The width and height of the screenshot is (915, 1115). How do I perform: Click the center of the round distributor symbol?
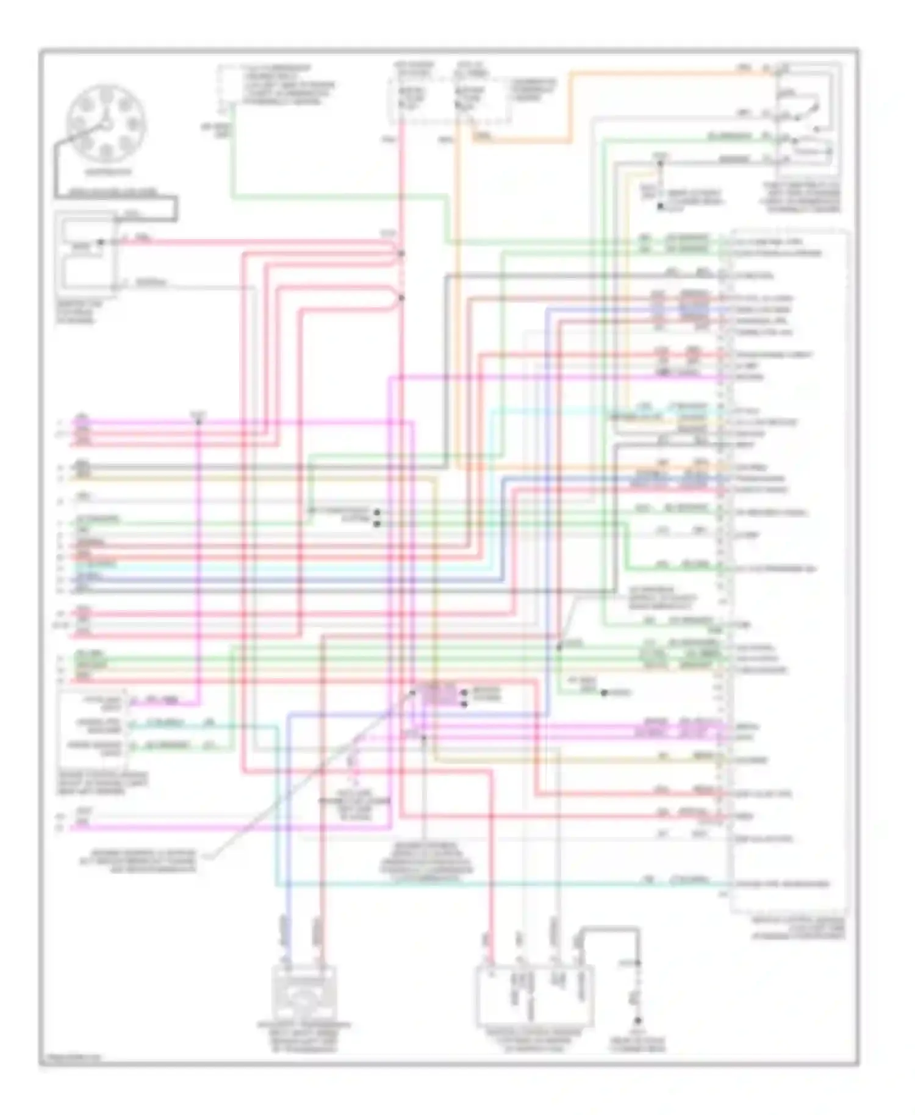pos(106,124)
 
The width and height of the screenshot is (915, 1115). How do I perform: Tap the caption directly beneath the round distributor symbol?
pos(107,172)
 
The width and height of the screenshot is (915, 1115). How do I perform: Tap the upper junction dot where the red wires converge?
pos(401,253)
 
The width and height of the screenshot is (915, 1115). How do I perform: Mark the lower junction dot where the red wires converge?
pos(401,298)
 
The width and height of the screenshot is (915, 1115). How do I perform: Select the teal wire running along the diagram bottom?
pos(488,884)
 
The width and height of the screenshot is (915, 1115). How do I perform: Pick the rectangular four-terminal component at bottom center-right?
pos(534,993)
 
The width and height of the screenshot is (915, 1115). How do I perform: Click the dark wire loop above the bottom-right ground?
pos(610,930)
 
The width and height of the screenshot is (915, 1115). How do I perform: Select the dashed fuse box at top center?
pos(448,98)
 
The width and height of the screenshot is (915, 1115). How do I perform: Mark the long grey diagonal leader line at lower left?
pos(305,781)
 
